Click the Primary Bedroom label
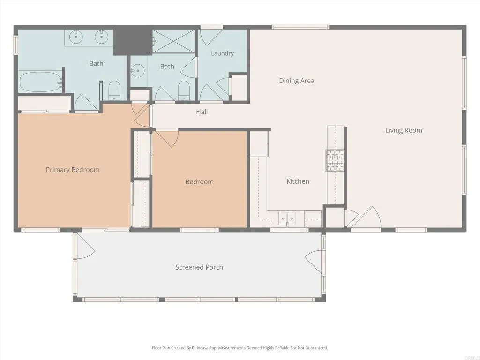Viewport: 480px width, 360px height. [x=73, y=170]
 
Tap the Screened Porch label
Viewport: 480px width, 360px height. [x=199, y=267]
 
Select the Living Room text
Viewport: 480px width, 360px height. [x=404, y=130]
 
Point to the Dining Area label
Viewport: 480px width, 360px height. [x=297, y=81]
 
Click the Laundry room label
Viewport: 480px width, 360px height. [x=222, y=53]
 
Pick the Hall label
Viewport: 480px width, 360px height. [x=202, y=112]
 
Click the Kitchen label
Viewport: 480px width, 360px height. [x=298, y=181]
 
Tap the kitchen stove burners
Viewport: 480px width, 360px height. [x=335, y=160]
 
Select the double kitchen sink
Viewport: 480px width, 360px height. [x=287, y=217]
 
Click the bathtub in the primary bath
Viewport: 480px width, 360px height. [x=40, y=82]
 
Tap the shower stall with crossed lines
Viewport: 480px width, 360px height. [x=173, y=41]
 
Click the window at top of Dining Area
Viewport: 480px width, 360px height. [x=300, y=27]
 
